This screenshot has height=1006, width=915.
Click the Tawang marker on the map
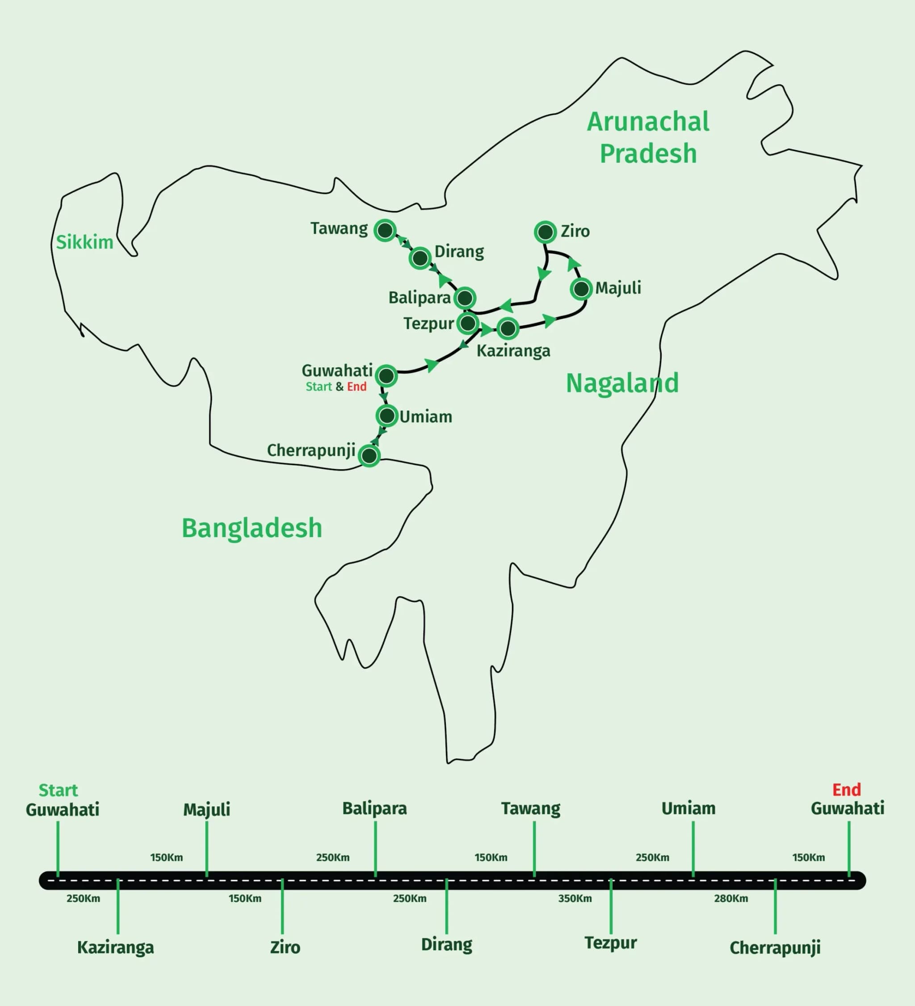385,231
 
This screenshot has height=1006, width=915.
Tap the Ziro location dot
546,232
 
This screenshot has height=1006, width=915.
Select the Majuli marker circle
581,289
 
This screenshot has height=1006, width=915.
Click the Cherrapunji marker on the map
369,455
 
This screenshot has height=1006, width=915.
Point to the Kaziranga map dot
508,328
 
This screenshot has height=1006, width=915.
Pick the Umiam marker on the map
387,415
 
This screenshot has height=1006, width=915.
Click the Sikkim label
84,243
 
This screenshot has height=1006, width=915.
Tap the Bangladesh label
252,528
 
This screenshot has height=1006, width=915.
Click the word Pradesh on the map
648,153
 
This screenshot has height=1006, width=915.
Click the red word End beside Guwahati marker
357,387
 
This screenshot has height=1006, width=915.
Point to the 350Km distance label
575,899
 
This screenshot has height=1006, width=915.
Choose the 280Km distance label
730,899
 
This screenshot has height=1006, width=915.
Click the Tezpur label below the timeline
611,943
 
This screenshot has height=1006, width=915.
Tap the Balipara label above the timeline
374,808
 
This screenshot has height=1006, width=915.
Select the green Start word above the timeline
59,791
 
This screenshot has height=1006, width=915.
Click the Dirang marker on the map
420,258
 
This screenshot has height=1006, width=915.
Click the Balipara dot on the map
465,298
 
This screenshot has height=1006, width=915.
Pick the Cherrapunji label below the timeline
775,947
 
